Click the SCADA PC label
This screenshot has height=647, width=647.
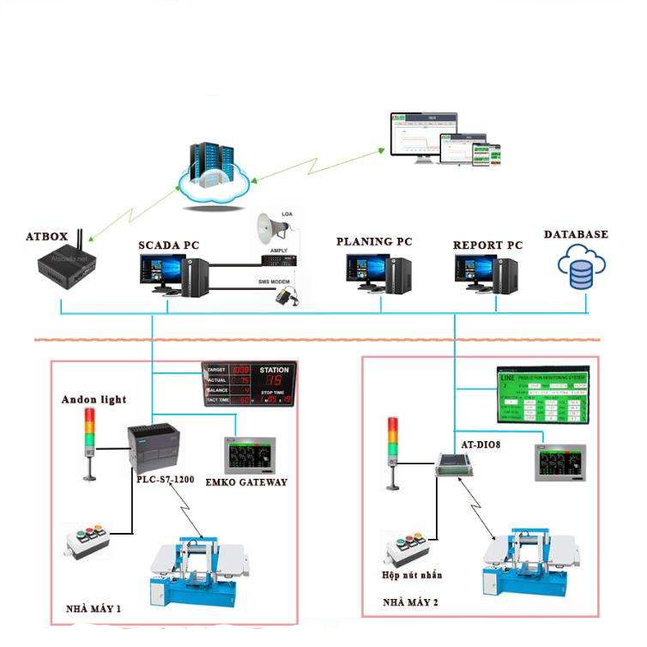pos(169,245)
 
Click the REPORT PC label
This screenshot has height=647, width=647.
pos(487,245)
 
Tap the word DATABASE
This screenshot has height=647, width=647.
pos(576,234)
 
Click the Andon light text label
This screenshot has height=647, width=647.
pos(94,399)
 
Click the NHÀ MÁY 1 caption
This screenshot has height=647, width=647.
pos(94,610)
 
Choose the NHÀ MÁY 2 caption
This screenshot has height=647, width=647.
pos(410,602)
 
